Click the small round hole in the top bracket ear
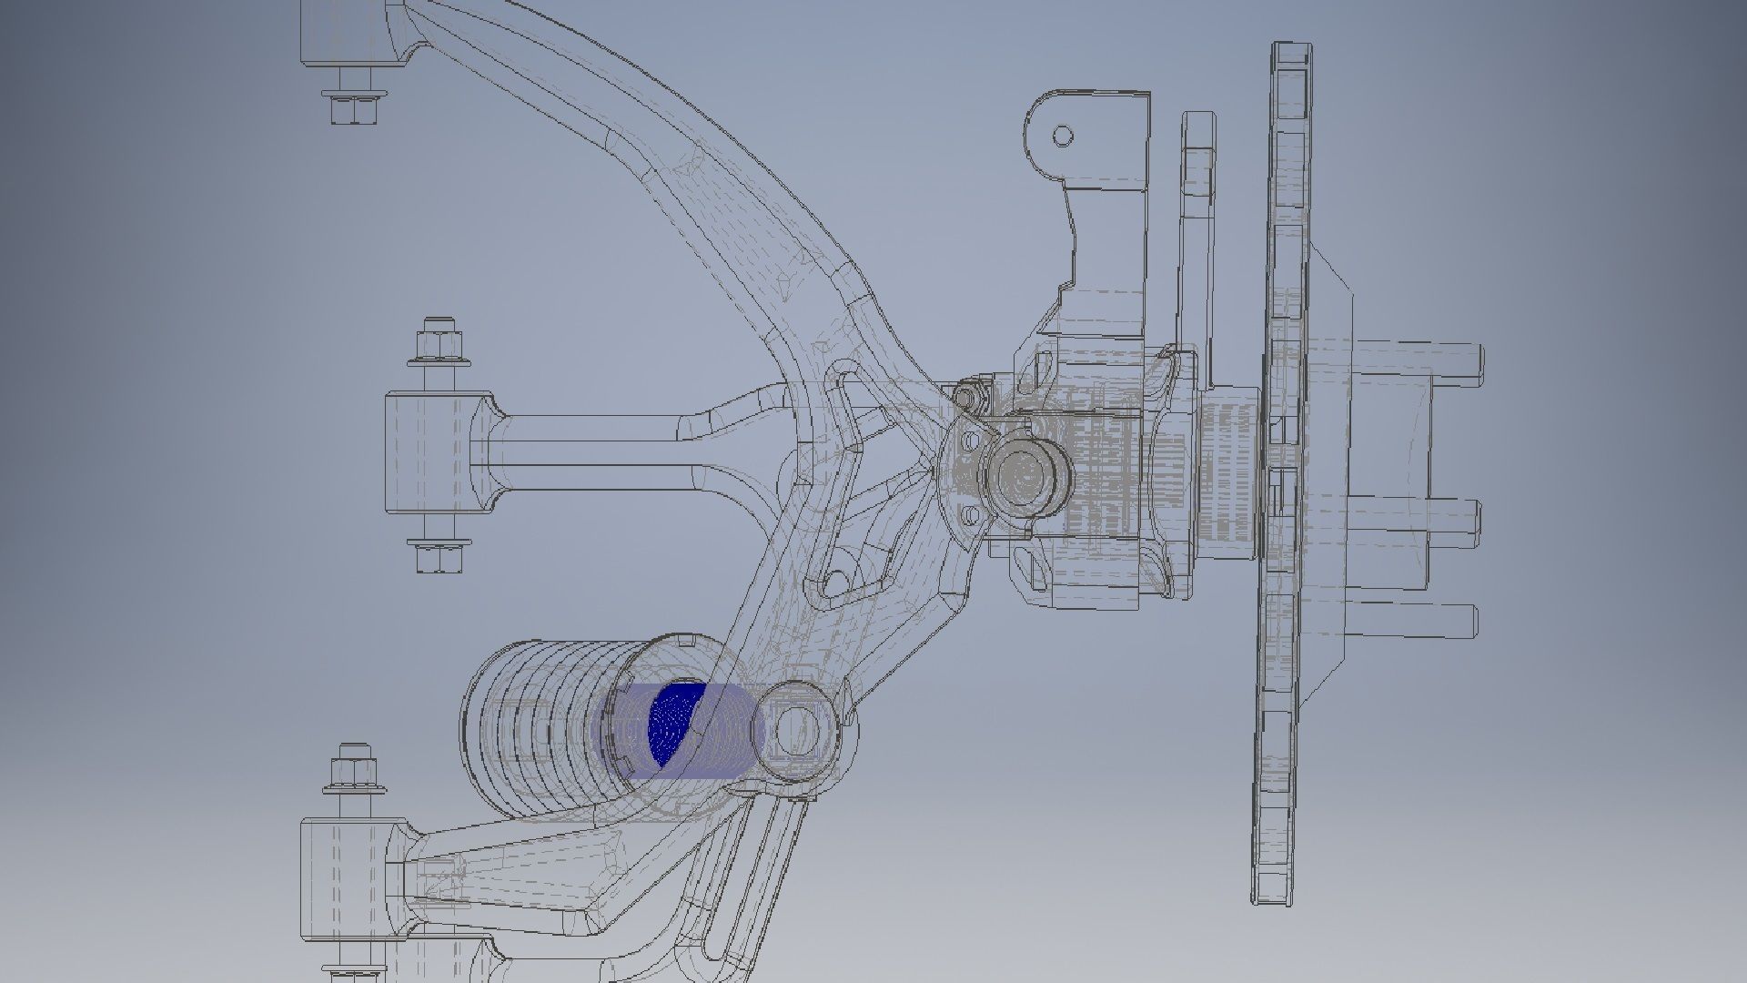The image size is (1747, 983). point(1062,137)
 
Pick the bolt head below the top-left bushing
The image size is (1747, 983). point(353,107)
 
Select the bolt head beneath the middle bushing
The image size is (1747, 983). point(439,556)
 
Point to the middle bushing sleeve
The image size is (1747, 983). point(428,453)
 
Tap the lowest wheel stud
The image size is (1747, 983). point(1447,621)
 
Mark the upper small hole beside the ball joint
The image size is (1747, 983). point(971,441)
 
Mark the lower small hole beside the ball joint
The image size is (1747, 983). point(971,516)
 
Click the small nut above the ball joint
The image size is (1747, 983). point(966,396)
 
